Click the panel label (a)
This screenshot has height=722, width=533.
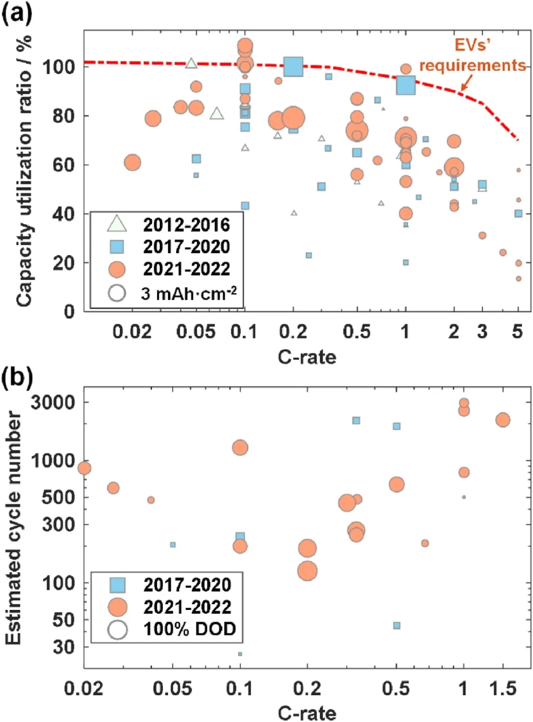[17, 13]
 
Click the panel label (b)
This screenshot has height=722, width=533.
[17, 377]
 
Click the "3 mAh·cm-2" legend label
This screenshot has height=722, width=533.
[189, 293]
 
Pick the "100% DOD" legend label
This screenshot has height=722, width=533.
[190, 629]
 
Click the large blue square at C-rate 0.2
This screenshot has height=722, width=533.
[293, 66]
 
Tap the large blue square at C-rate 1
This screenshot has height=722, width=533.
[406, 85]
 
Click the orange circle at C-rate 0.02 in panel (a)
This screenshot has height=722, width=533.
[132, 162]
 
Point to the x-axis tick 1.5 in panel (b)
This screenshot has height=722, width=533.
[502, 688]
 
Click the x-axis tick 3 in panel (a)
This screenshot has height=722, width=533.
[482, 332]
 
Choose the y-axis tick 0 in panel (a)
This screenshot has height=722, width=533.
[69, 311]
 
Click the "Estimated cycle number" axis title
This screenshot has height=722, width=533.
[13, 527]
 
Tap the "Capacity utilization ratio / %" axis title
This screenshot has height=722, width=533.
[23, 170]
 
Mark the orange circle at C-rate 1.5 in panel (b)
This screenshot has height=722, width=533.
[502, 420]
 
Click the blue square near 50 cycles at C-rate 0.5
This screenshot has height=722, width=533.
[396, 626]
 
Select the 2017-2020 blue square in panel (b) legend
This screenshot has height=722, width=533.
[117, 585]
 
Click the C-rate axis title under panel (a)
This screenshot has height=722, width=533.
[306, 357]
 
